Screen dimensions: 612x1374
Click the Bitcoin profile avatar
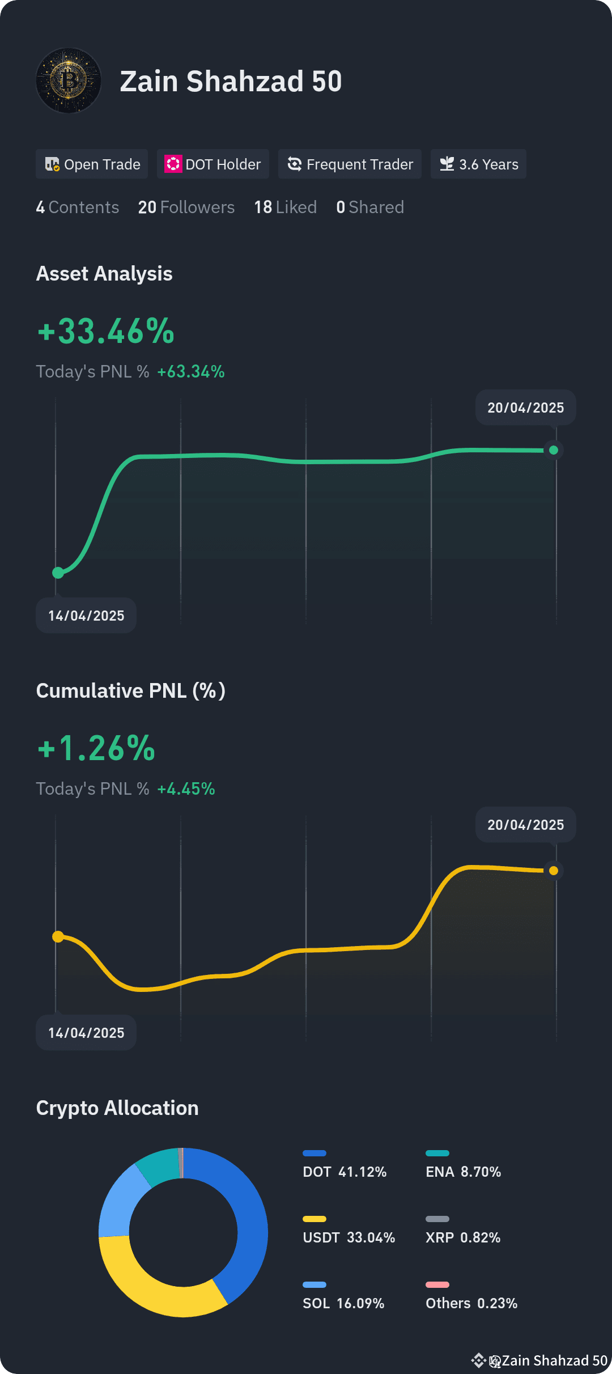[69, 80]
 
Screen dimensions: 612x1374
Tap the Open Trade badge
[92, 164]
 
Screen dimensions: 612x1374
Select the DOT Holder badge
[213, 164]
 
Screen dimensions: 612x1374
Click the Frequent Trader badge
[350, 164]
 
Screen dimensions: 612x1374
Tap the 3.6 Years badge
[478, 164]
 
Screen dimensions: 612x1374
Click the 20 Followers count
[186, 207]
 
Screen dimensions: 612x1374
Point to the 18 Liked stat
[286, 207]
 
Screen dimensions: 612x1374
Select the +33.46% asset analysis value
[106, 331]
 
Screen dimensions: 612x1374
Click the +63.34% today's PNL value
[191, 372]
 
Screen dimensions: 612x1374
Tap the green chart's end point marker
[554, 450]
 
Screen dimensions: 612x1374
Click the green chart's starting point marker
[58, 572]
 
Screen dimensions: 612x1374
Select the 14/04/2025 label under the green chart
[86, 616]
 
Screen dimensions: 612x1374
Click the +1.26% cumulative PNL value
[96, 748]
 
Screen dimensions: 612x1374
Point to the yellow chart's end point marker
[554, 871]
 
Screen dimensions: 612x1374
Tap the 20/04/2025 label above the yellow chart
[526, 825]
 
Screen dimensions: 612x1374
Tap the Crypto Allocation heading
[117, 1108]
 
